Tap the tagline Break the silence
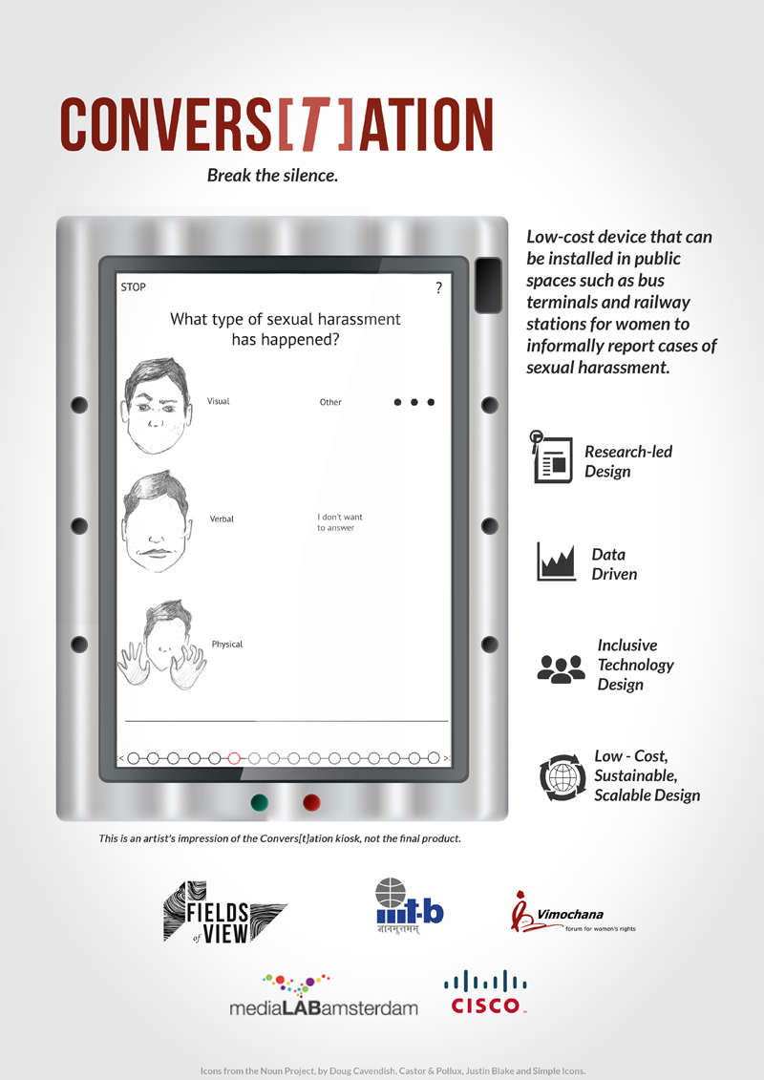272,176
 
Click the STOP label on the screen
133,287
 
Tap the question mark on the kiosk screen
438,287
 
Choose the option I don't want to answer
340,522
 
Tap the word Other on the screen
330,402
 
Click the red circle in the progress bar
234,758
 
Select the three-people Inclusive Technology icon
561,668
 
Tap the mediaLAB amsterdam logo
323,996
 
